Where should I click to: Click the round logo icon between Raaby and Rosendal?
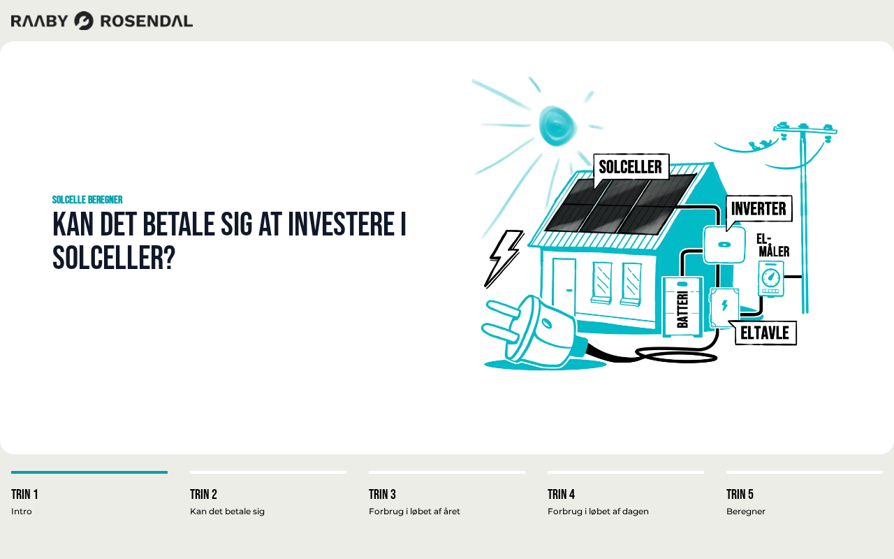click(84, 21)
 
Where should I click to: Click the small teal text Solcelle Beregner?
click(87, 200)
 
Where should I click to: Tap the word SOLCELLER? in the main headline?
click(114, 258)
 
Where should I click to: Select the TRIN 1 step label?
click(24, 494)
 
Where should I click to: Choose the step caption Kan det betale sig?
click(227, 511)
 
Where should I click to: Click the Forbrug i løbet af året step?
click(414, 511)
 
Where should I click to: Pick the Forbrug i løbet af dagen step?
click(598, 511)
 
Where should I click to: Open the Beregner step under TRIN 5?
click(745, 511)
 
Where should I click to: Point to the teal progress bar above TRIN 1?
click(89, 472)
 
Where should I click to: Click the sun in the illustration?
click(557, 125)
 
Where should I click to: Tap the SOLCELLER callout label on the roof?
click(631, 167)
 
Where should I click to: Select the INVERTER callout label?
click(759, 208)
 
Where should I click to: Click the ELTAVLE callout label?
click(765, 333)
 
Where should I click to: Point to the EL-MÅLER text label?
click(772, 245)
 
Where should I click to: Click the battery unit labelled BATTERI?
click(682, 307)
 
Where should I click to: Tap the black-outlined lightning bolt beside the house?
click(504, 258)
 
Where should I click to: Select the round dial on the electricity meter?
click(770, 277)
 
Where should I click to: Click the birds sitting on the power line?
click(759, 145)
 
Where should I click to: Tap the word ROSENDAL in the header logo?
click(147, 21)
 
